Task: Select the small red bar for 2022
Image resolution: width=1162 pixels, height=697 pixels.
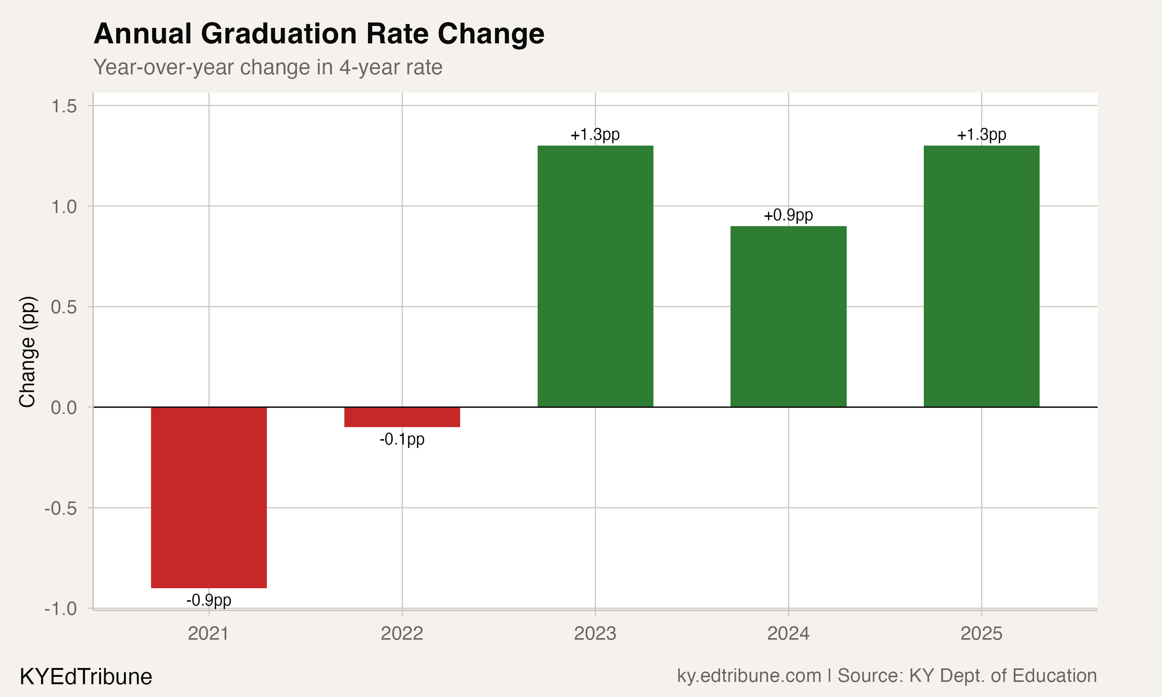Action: pos(402,417)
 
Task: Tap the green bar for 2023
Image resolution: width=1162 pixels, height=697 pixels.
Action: pos(595,276)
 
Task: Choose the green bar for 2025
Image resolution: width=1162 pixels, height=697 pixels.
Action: pos(981,276)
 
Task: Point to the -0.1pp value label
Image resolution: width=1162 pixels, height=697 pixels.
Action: pos(402,439)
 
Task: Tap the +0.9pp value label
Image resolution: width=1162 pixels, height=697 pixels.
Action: pos(788,215)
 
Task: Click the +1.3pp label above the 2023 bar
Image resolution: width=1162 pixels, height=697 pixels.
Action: pos(595,135)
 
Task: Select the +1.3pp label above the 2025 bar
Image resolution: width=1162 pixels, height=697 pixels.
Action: pos(981,135)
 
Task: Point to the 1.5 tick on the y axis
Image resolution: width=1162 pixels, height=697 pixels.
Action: pos(64,106)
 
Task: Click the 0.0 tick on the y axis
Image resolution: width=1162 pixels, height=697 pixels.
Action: pos(64,408)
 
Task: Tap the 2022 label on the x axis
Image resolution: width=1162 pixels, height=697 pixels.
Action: pos(402,633)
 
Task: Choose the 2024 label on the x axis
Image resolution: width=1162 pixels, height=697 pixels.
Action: pos(788,633)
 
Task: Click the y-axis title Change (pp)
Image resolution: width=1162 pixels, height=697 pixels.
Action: pos(27,351)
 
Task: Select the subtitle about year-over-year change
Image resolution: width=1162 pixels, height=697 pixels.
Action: pos(268,67)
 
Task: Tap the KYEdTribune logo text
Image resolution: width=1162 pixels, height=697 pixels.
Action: pos(86,677)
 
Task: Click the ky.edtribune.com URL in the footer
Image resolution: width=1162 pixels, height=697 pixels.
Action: pos(749,675)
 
